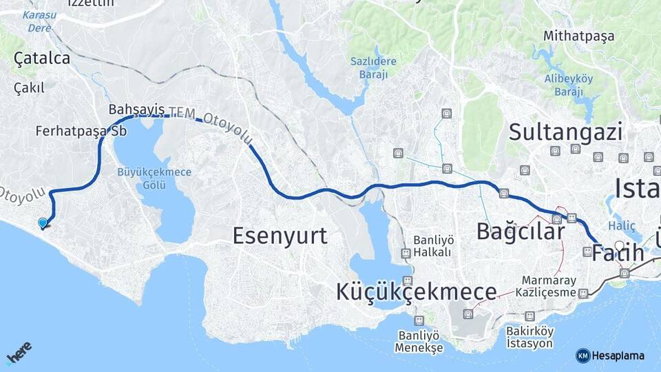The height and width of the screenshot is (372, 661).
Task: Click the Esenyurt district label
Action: click(280, 236)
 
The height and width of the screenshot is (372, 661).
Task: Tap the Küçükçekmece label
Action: click(416, 291)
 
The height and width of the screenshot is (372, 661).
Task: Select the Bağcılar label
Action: click(521, 231)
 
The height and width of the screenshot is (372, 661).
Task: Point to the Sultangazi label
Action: click(565, 131)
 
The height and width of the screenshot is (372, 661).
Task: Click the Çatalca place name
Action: click(42, 59)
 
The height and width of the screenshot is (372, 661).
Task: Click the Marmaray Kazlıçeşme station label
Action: click(548, 287)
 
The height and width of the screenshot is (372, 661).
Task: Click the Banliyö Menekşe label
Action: click(419, 341)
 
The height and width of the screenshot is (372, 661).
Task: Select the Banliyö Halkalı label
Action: click(432, 246)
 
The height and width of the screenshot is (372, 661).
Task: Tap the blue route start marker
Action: click(43, 223)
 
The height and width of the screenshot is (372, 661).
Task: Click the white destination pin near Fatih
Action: click(620, 246)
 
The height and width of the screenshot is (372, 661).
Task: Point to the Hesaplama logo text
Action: click(618, 355)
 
